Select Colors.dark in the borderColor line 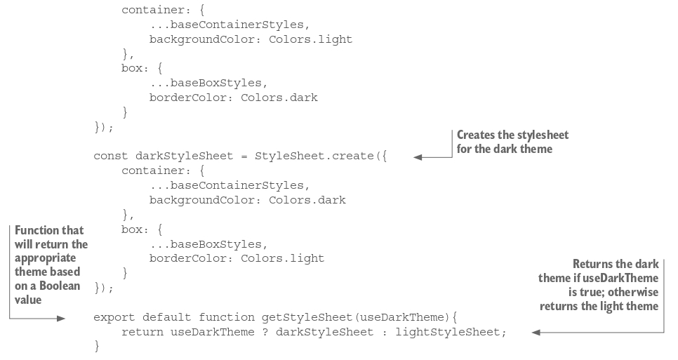coord(279,98)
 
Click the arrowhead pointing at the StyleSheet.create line coord(418,157)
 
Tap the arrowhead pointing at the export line coord(60,318)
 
